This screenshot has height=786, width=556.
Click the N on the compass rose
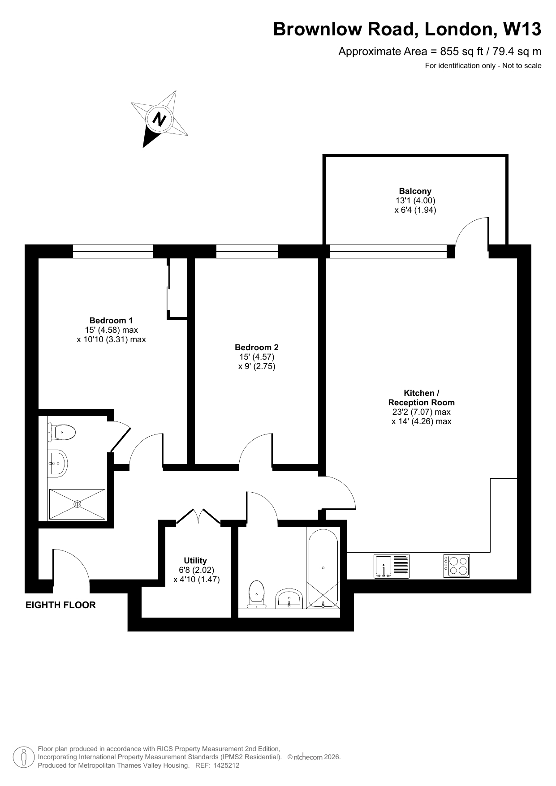point(159,119)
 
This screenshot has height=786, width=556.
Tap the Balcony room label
point(415,191)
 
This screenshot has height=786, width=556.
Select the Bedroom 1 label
point(111,320)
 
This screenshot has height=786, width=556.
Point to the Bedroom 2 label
point(257,347)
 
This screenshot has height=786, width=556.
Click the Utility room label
point(195,560)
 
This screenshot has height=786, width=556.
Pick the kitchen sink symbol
point(392,566)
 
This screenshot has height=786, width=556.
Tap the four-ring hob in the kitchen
point(457,566)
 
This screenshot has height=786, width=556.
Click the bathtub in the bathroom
point(323,568)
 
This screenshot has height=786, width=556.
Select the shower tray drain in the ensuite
point(78,504)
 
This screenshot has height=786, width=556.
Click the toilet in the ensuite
point(61,433)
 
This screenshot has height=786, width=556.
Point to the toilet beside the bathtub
point(257,595)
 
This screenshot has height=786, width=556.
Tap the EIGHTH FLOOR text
point(60,605)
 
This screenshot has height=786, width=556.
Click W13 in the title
point(522,30)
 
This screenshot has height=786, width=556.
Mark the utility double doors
point(198,515)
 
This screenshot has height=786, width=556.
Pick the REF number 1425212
point(225,765)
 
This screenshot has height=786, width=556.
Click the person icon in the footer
point(24,757)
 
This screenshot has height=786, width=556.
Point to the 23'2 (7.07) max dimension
point(421,412)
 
